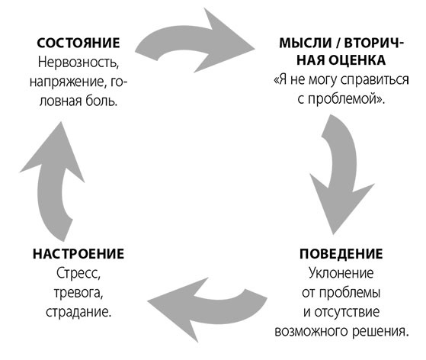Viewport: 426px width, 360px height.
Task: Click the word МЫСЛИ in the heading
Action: point(305,43)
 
